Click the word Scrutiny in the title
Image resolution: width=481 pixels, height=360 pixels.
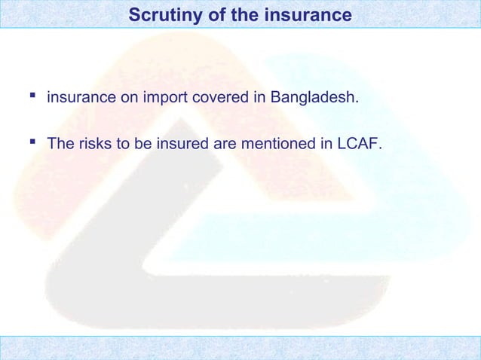[x=158, y=14]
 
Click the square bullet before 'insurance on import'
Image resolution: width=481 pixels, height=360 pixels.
[x=32, y=96]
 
